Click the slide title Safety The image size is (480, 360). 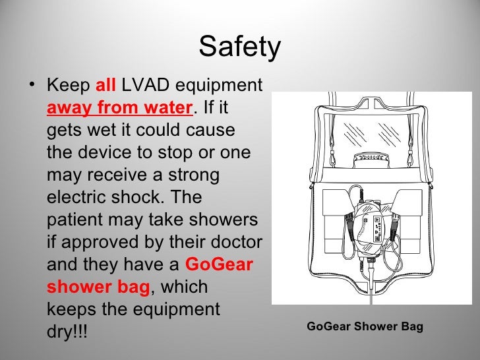pyautogui.click(x=239, y=46)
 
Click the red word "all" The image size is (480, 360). pyautogui.click(x=105, y=86)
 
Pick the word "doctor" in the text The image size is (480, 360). pyautogui.click(x=231, y=242)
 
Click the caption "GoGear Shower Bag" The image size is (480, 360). pyautogui.click(x=365, y=326)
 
